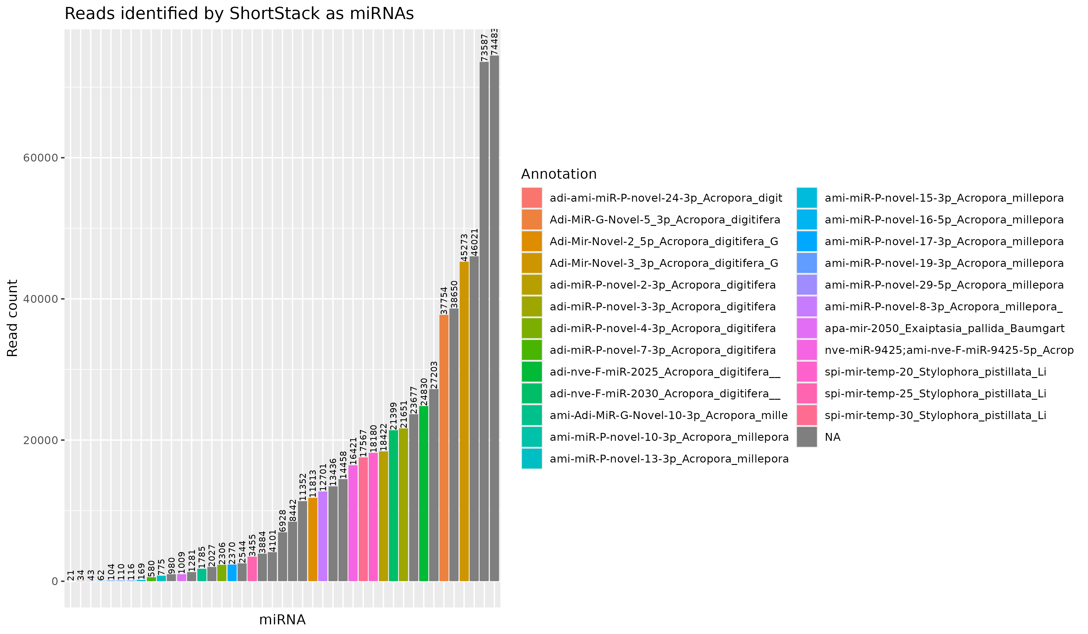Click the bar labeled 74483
494,319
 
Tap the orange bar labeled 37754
444,449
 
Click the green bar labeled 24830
423,494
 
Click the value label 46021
474,242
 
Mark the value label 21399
393,416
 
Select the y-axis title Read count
12,318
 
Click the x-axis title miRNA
282,620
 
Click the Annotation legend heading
559,174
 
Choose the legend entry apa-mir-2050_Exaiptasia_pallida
944,329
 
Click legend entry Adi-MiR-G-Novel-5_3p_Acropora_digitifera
665,220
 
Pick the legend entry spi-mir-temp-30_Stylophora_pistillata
935,415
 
